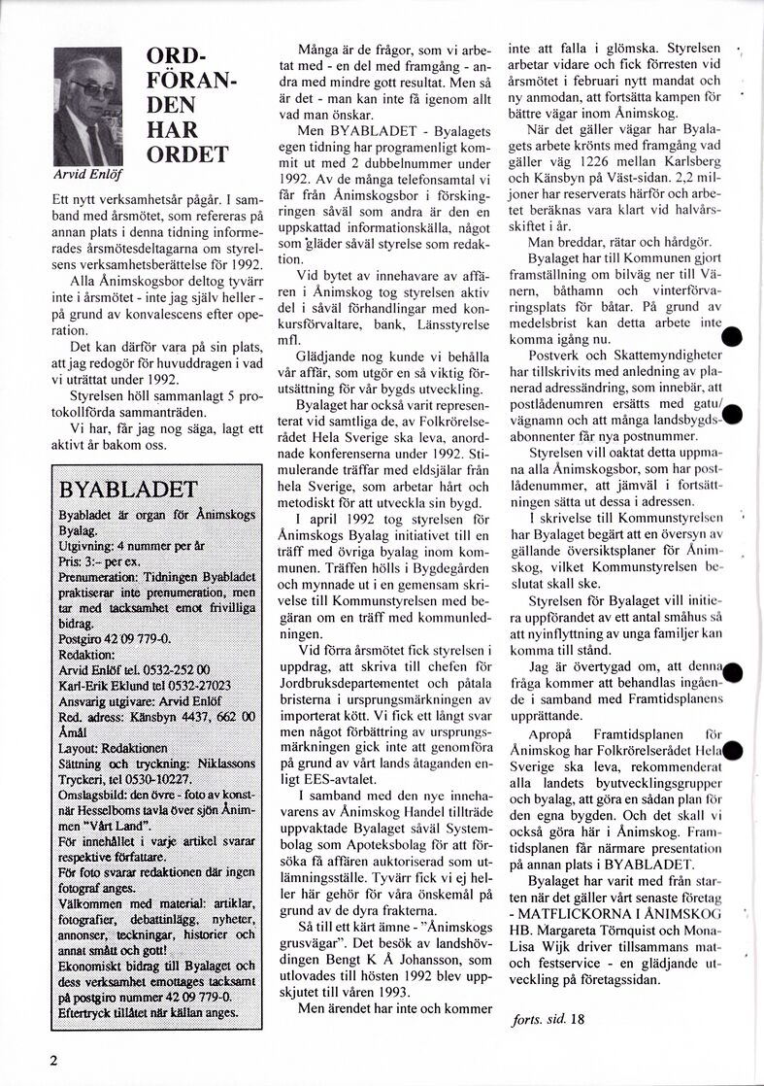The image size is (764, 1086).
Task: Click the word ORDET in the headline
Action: pos(186,154)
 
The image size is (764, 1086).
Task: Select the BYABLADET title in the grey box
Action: pos(128,488)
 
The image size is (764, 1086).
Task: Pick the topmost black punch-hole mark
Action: pos(733,338)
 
